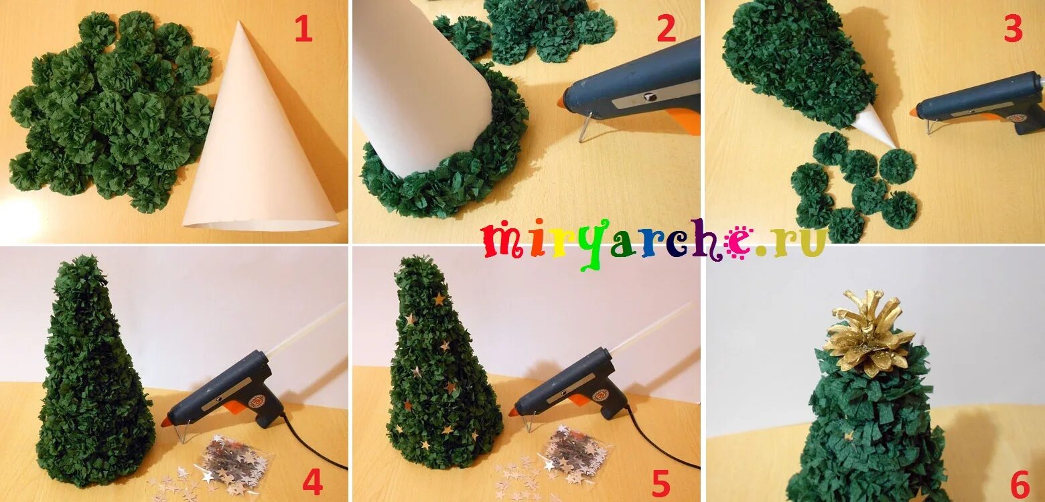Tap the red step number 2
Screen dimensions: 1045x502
[666, 28]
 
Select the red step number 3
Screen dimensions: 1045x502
[1014, 28]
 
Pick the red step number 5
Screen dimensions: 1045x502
[660, 483]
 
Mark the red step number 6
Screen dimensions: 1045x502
[1020, 485]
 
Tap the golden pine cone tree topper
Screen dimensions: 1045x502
[869, 333]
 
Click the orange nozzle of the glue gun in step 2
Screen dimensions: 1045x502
[561, 102]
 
